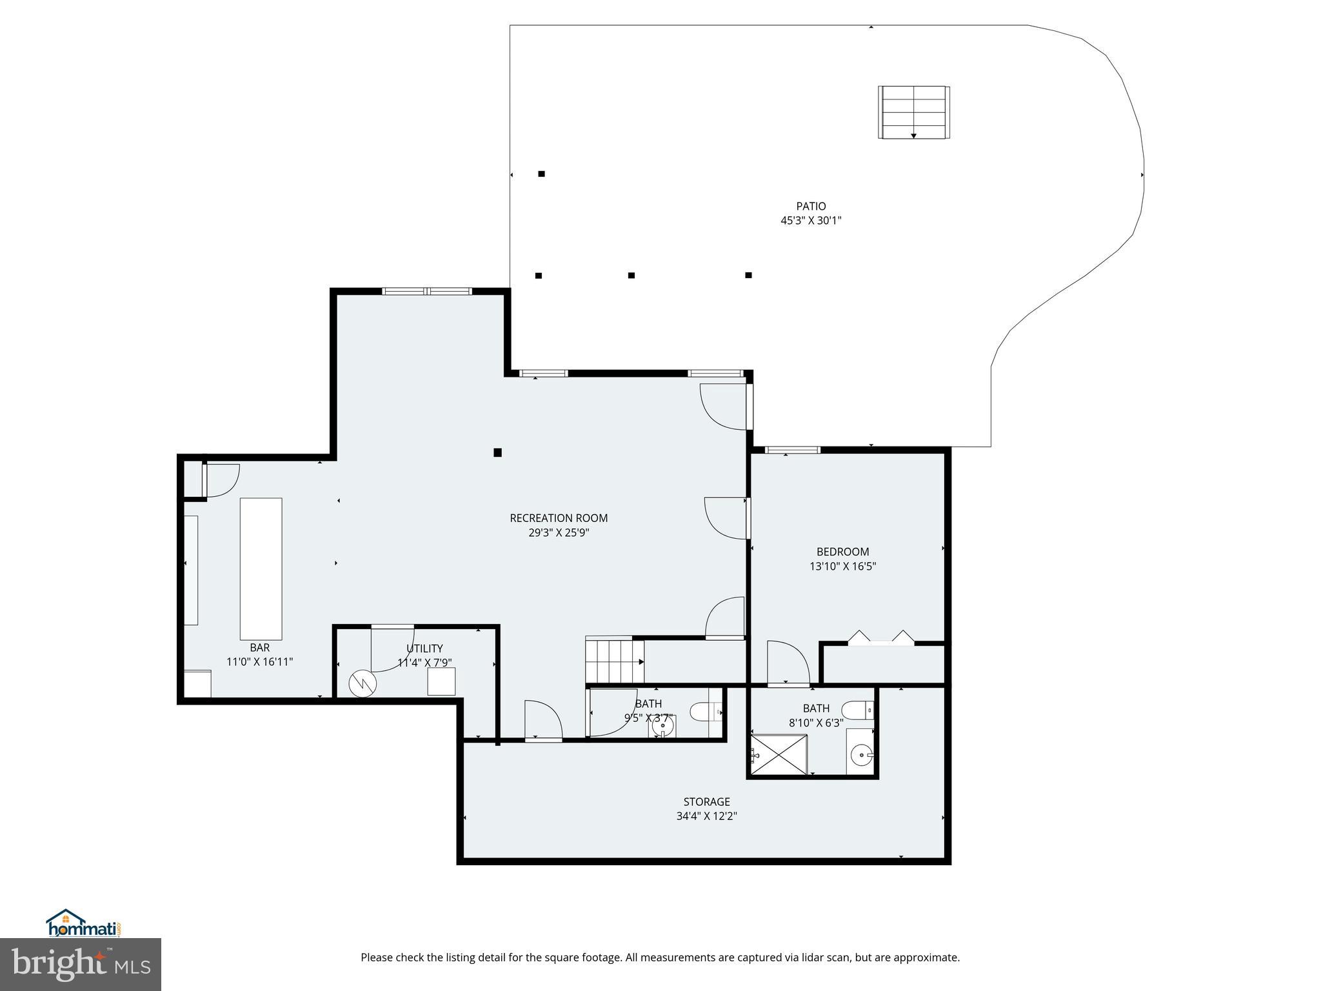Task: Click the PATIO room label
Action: pos(811,206)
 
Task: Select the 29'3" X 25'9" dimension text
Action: pos(559,533)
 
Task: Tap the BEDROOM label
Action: pos(842,552)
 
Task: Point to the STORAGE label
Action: pos(706,802)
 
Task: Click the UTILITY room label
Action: pos(424,648)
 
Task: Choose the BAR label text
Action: pos(259,647)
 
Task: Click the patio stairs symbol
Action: pos(913,112)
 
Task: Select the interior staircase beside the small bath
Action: pos(614,661)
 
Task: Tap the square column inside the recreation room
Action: pos(497,452)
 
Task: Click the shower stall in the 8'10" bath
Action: pos(779,755)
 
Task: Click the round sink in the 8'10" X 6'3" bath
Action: pos(860,754)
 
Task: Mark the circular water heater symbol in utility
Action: pos(362,683)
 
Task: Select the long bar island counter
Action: pos(261,568)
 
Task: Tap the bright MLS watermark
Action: pos(80,965)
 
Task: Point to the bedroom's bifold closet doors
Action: pos(881,638)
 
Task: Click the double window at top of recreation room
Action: pos(427,292)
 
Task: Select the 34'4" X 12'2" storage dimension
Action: pos(706,816)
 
